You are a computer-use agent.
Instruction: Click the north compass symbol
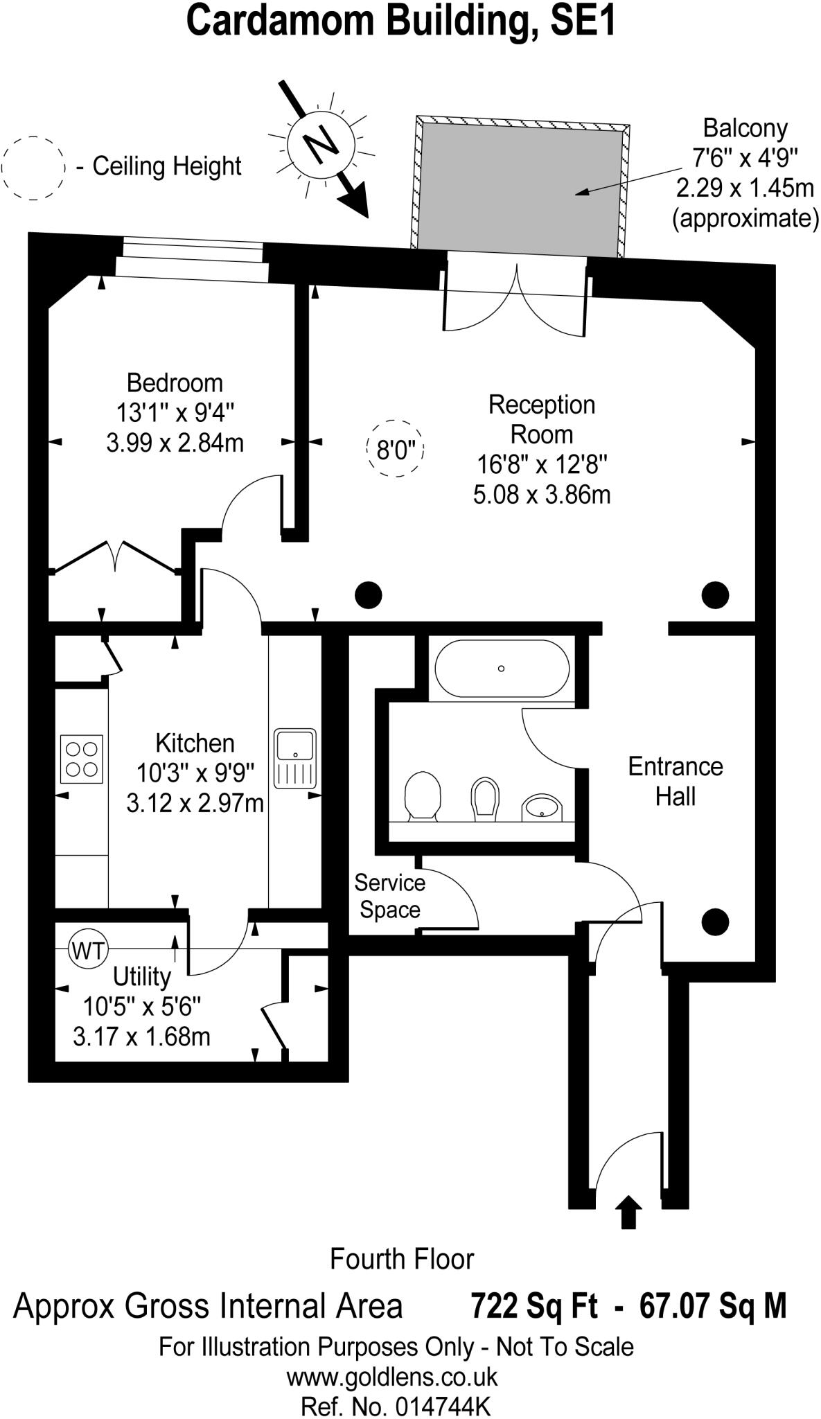pyautogui.click(x=320, y=144)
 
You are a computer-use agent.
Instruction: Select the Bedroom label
pyautogui.click(x=175, y=383)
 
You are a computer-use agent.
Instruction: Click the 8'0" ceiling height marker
pyautogui.click(x=394, y=449)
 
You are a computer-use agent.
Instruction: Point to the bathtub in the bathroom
pyautogui.click(x=502, y=669)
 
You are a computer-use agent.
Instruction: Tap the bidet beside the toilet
pyautogui.click(x=485, y=796)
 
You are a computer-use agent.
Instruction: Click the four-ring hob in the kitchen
pyautogui.click(x=82, y=759)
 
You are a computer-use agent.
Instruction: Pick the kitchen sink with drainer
pyautogui.click(x=295, y=758)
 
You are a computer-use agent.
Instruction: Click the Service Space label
pyautogui.click(x=389, y=896)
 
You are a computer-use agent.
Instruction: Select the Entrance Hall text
pyautogui.click(x=675, y=781)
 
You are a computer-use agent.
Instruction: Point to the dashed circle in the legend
pyautogui.click(x=33, y=168)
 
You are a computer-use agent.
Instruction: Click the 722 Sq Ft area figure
pyautogui.click(x=533, y=1306)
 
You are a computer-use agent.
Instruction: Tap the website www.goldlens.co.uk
pyautogui.click(x=392, y=1376)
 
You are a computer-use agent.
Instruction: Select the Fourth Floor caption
pyautogui.click(x=402, y=1259)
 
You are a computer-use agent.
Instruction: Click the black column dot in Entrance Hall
pyautogui.click(x=715, y=922)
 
